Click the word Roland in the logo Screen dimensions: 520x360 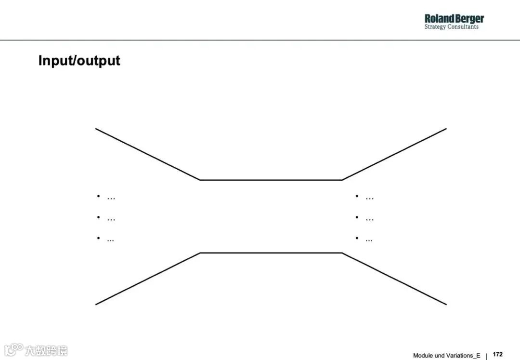(x=439, y=19)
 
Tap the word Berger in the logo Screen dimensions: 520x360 (x=468, y=19)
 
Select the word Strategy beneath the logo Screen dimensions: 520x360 (x=435, y=27)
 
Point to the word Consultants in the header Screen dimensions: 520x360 (x=463, y=27)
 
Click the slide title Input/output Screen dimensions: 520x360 (x=79, y=61)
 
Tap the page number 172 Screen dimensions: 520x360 (x=498, y=354)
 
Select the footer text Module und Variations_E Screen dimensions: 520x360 (x=446, y=356)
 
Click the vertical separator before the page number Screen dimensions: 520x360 (x=486, y=356)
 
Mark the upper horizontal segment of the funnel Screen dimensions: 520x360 (x=271, y=180)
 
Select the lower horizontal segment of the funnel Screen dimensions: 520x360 (x=271, y=253)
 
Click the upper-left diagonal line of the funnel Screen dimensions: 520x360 (x=147, y=154)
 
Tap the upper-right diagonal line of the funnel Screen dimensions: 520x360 (x=394, y=154)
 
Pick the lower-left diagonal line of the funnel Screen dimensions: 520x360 (x=147, y=279)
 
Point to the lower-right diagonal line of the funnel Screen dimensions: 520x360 (x=394, y=279)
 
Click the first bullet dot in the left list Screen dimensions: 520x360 (x=98, y=196)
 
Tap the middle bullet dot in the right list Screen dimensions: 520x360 (x=357, y=217)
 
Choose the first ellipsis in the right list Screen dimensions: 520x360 (x=370, y=198)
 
